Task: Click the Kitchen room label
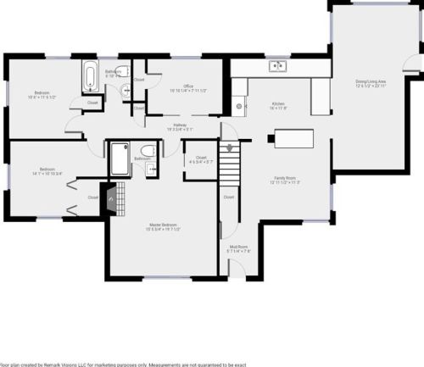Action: tap(277, 106)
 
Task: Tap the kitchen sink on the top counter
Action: tap(276, 66)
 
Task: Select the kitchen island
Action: tap(291, 138)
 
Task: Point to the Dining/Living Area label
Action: tap(370, 84)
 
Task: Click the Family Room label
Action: tap(285, 180)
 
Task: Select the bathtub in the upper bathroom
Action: tap(89, 77)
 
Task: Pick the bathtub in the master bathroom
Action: tap(120, 158)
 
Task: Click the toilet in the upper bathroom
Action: tap(123, 70)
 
